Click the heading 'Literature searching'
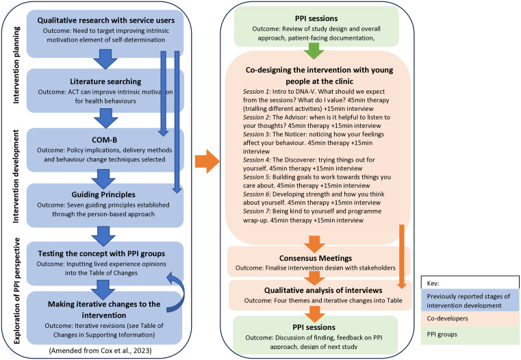(105, 81)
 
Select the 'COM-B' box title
(104, 140)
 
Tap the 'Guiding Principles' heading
(103, 194)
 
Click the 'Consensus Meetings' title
(316, 258)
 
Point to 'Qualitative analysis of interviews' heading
(323, 290)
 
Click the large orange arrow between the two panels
(207, 162)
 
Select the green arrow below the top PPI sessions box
(314, 51)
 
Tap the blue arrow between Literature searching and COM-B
(106, 118)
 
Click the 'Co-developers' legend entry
(447, 318)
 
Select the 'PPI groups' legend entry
(442, 334)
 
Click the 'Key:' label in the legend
(433, 283)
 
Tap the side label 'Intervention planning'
(16, 65)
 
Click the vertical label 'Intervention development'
(16, 176)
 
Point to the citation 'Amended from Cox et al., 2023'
(101, 350)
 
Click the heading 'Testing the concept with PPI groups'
(101, 253)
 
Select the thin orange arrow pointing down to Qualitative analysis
(401, 257)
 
